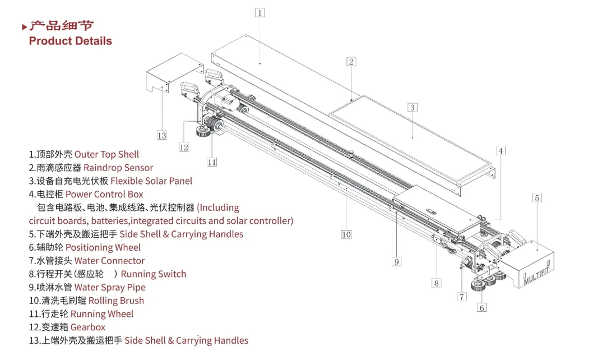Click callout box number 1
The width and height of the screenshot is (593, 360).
coord(260,13)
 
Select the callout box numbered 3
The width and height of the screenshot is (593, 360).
coord(412,108)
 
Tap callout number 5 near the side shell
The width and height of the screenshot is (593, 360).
coord(537,198)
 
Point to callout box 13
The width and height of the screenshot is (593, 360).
coord(162,135)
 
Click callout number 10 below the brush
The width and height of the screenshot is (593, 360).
coord(346,234)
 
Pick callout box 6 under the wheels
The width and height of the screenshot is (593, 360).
coord(482,307)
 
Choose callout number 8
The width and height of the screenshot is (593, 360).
coord(436,283)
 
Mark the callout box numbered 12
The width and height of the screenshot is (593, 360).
coord(184,147)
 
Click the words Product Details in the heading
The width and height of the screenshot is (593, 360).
coord(70,41)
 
